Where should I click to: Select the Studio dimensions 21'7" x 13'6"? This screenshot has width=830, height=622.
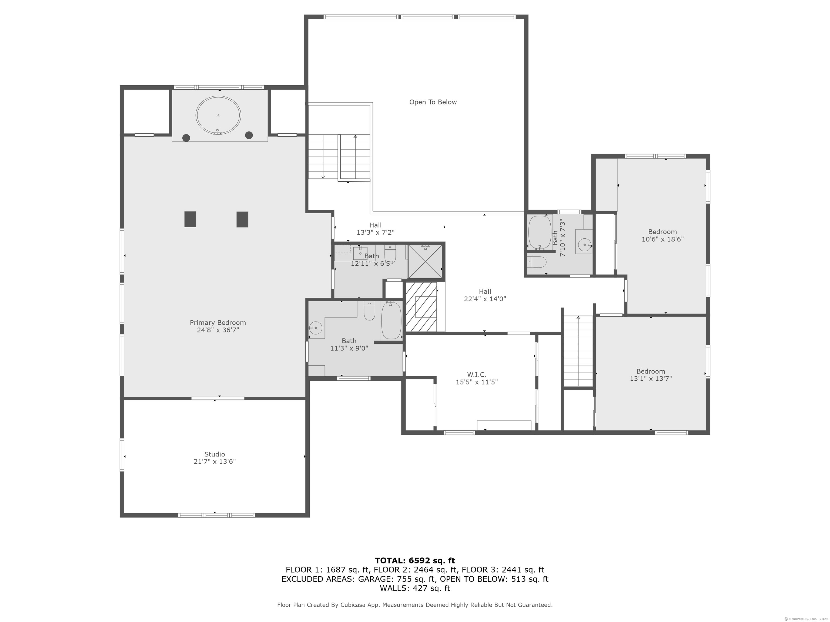[214, 462]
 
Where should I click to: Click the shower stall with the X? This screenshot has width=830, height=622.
[425, 262]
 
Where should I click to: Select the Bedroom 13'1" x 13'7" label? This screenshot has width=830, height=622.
[650, 375]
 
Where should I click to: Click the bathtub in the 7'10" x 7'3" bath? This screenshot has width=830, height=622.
[539, 232]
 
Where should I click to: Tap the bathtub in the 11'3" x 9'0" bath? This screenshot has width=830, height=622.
[391, 320]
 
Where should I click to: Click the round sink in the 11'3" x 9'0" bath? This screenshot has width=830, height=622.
[317, 328]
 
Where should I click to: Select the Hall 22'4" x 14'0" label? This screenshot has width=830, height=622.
[485, 295]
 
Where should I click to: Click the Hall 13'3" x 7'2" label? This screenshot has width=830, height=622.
[375, 229]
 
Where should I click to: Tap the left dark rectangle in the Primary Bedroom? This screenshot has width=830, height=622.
[190, 219]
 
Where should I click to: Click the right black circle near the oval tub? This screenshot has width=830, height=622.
[249, 135]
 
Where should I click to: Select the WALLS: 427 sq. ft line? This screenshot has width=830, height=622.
[415, 588]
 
